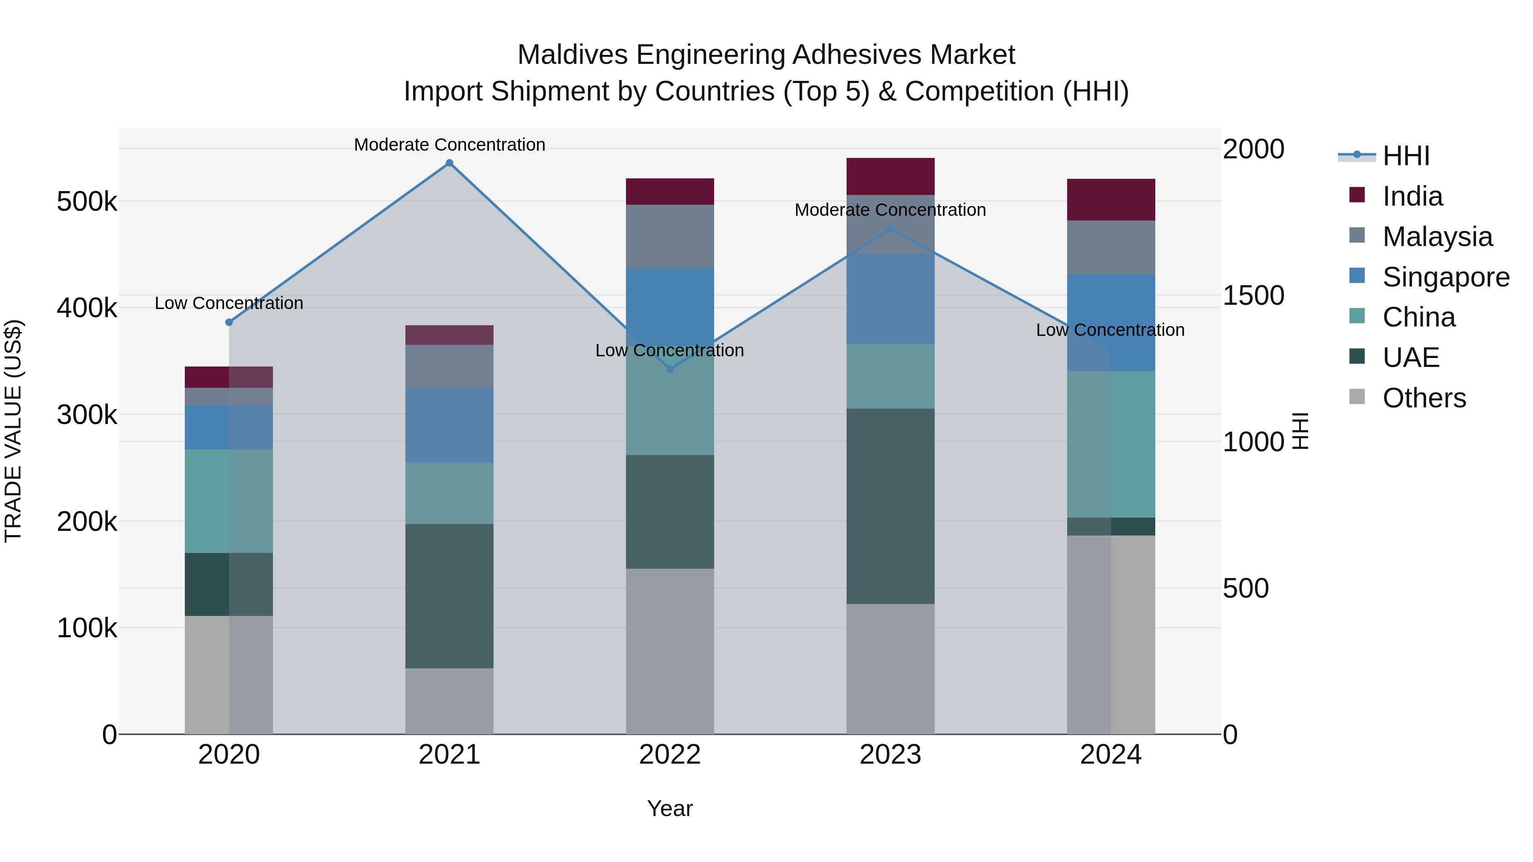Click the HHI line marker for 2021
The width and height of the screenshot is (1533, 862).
pos(449,163)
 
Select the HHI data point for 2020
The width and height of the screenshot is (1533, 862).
pos(229,322)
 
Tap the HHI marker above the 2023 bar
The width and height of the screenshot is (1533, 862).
pos(890,229)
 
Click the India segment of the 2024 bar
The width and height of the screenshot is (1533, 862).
pos(1111,200)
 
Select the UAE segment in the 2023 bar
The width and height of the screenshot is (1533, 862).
pos(890,506)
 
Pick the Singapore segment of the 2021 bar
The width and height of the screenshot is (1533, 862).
pos(449,425)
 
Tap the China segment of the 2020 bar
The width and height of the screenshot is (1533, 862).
pos(229,501)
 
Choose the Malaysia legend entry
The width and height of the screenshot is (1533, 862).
pos(1437,237)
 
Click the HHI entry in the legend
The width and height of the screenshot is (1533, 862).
pos(1406,156)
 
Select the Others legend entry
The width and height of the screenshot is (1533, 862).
pos(1424,398)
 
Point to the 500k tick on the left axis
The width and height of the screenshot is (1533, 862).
pos(87,202)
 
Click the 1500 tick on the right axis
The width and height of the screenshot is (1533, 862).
pos(1253,296)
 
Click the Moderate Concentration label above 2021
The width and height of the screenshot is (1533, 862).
pos(449,145)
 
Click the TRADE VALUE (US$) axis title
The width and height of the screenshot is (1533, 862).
pos(13,431)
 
